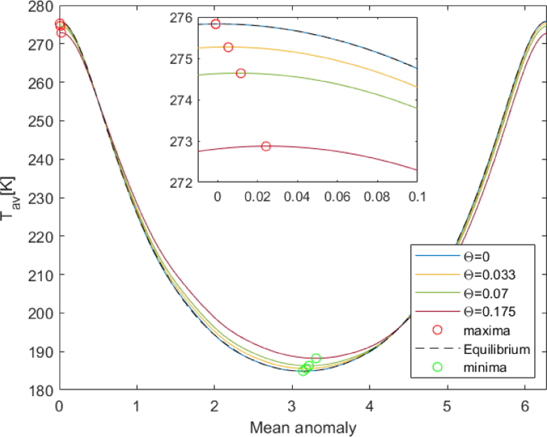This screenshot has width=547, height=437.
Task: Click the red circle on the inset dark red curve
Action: coord(266,146)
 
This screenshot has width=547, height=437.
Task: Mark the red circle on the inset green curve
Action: coord(241,73)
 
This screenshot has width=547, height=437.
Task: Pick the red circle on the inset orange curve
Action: coord(228,47)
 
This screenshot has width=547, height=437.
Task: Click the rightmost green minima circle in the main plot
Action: coord(316,358)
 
